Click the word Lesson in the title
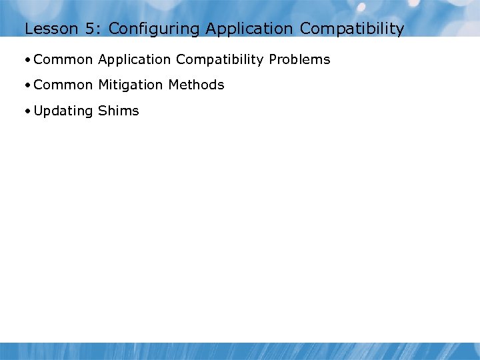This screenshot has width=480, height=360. pyautogui.click(x=46, y=29)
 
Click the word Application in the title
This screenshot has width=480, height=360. pyautogui.click(x=249, y=29)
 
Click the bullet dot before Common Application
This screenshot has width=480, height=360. pyautogui.click(x=27, y=60)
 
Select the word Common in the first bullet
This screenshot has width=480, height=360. pyautogui.click(x=63, y=59)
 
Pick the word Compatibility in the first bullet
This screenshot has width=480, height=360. pyautogui.click(x=220, y=60)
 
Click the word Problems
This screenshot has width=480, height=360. pyautogui.click(x=299, y=59)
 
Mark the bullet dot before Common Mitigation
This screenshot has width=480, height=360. pyautogui.click(x=27, y=85)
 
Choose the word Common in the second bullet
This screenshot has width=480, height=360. pyautogui.click(x=63, y=85)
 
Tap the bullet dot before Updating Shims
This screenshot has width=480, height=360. pyautogui.click(x=27, y=111)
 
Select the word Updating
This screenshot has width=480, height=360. pyautogui.click(x=63, y=111)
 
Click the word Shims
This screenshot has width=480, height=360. pyautogui.click(x=119, y=111)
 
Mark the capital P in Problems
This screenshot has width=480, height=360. pyautogui.click(x=272, y=59)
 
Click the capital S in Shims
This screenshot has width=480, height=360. pyautogui.click(x=102, y=111)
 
